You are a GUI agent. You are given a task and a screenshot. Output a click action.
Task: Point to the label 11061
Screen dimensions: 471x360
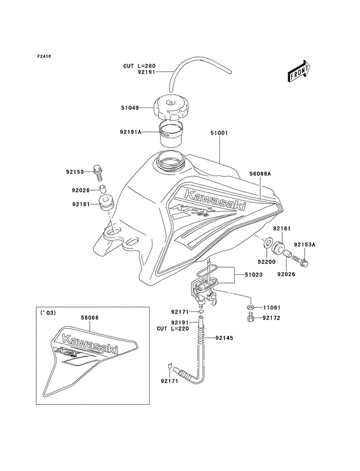click(x=272, y=308)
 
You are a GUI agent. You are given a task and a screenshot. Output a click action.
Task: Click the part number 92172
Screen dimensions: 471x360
click(x=272, y=319)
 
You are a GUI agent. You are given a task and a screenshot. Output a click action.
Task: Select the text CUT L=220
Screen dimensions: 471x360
click(x=172, y=329)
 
